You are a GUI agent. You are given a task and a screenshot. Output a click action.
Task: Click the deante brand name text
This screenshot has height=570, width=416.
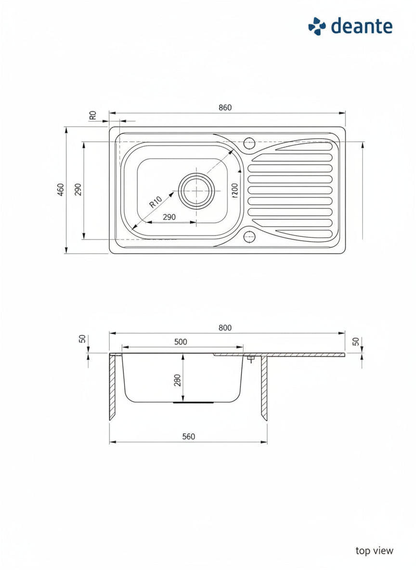(x=362, y=26)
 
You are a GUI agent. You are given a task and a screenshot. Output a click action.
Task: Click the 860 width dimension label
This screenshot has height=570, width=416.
(x=225, y=108)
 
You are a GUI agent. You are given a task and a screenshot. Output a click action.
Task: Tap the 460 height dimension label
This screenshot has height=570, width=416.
(x=61, y=189)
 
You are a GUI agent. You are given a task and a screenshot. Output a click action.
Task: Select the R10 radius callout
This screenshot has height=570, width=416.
(x=155, y=202)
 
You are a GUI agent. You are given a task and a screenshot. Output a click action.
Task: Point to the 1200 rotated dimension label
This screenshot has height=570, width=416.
(x=234, y=191)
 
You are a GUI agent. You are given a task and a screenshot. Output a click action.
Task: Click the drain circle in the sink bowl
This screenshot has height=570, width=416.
(x=196, y=191)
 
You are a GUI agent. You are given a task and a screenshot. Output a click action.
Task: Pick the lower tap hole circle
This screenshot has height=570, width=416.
(x=249, y=237)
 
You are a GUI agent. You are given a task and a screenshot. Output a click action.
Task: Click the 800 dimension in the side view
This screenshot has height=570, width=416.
(x=225, y=328)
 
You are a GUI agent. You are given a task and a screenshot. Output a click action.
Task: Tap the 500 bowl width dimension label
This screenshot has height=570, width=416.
(x=181, y=342)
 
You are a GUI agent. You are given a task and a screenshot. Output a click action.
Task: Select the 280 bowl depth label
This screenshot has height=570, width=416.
(x=178, y=380)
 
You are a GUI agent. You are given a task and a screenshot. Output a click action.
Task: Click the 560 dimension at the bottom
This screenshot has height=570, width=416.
(x=189, y=437)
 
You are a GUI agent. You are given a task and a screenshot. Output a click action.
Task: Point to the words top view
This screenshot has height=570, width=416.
(x=375, y=551)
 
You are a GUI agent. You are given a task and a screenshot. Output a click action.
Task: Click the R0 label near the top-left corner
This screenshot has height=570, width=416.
(x=93, y=115)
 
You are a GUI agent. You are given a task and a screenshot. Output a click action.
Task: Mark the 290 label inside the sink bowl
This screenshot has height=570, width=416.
(x=169, y=217)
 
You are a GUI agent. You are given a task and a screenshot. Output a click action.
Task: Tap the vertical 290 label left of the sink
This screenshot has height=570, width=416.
(x=78, y=189)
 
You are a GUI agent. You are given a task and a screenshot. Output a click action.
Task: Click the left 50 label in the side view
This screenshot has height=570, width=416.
(x=82, y=339)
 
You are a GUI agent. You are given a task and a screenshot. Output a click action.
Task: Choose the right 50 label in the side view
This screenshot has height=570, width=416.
(x=356, y=341)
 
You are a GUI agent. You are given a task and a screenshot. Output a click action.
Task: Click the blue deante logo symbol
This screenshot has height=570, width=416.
(x=317, y=26)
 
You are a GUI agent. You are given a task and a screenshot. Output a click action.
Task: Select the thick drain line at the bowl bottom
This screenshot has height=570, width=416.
(x=193, y=403)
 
